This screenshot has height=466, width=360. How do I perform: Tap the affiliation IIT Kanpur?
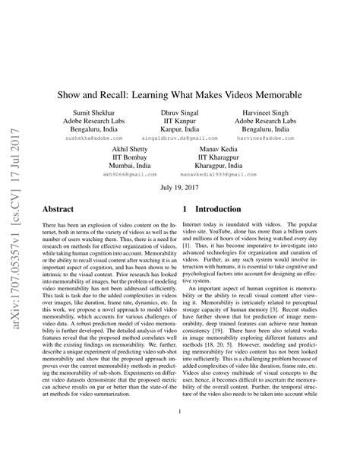click(x=179, y=121)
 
